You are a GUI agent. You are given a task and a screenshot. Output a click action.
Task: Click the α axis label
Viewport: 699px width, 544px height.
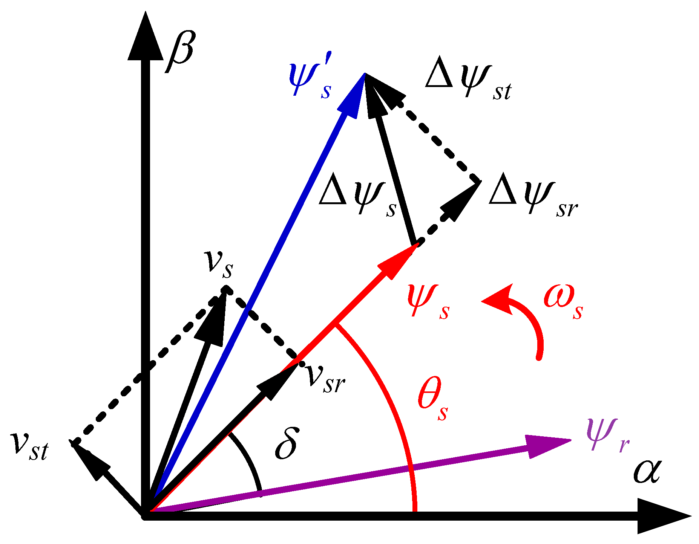point(647,472)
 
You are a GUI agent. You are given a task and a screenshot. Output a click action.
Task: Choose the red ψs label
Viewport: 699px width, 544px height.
point(428,301)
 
